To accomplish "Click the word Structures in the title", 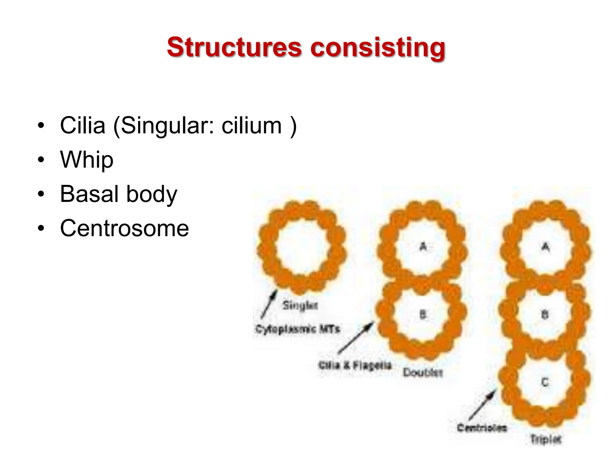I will click(x=234, y=47).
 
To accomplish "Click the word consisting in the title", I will click(x=378, y=48).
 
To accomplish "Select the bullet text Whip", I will click(x=87, y=160).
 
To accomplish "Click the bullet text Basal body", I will click(x=119, y=194).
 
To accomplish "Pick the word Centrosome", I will click(x=124, y=228).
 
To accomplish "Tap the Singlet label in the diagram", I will click(x=300, y=305).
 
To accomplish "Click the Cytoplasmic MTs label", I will click(x=298, y=329).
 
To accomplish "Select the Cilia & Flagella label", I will click(x=355, y=365).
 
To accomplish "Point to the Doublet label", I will click(x=423, y=372).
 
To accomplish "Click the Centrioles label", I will click(x=482, y=428).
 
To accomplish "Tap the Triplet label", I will click(x=546, y=439).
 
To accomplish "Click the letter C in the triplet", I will click(x=545, y=382).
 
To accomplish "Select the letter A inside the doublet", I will click(x=423, y=247).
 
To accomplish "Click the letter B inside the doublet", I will click(x=423, y=314).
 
